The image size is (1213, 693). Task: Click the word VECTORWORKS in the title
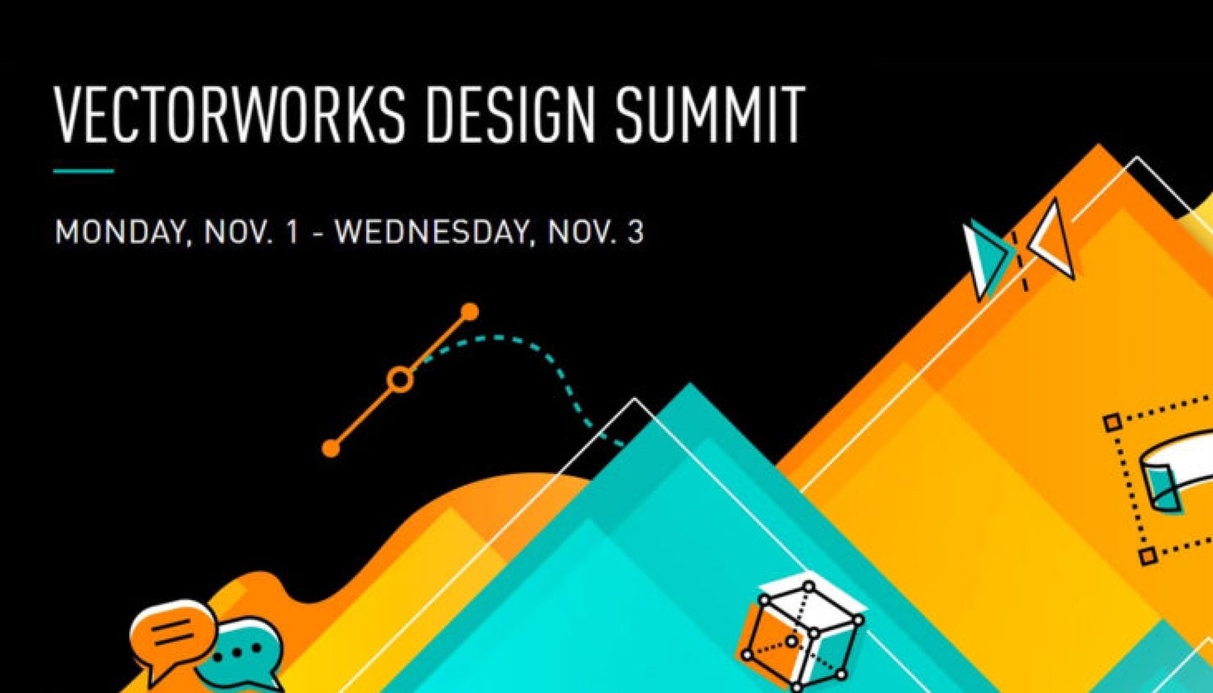point(229,114)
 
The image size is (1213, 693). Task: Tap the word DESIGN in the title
point(511,114)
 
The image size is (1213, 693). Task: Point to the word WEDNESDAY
point(432,233)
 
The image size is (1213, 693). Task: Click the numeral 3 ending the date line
point(635,232)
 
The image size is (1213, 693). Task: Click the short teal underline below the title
point(84,170)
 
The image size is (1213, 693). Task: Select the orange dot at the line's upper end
point(470,312)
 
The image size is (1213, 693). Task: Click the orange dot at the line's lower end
point(331,448)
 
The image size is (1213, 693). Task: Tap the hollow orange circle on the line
point(400,380)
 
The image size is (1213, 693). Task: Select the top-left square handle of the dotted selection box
point(1112,423)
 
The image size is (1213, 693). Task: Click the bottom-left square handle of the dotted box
point(1147,556)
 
